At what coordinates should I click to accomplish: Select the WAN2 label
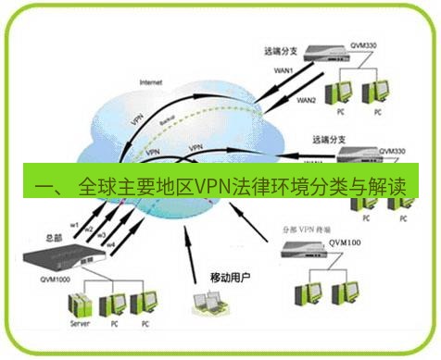coord(306,100)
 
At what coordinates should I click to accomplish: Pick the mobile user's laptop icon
coord(205,304)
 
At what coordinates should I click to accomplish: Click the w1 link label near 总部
coord(73,222)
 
